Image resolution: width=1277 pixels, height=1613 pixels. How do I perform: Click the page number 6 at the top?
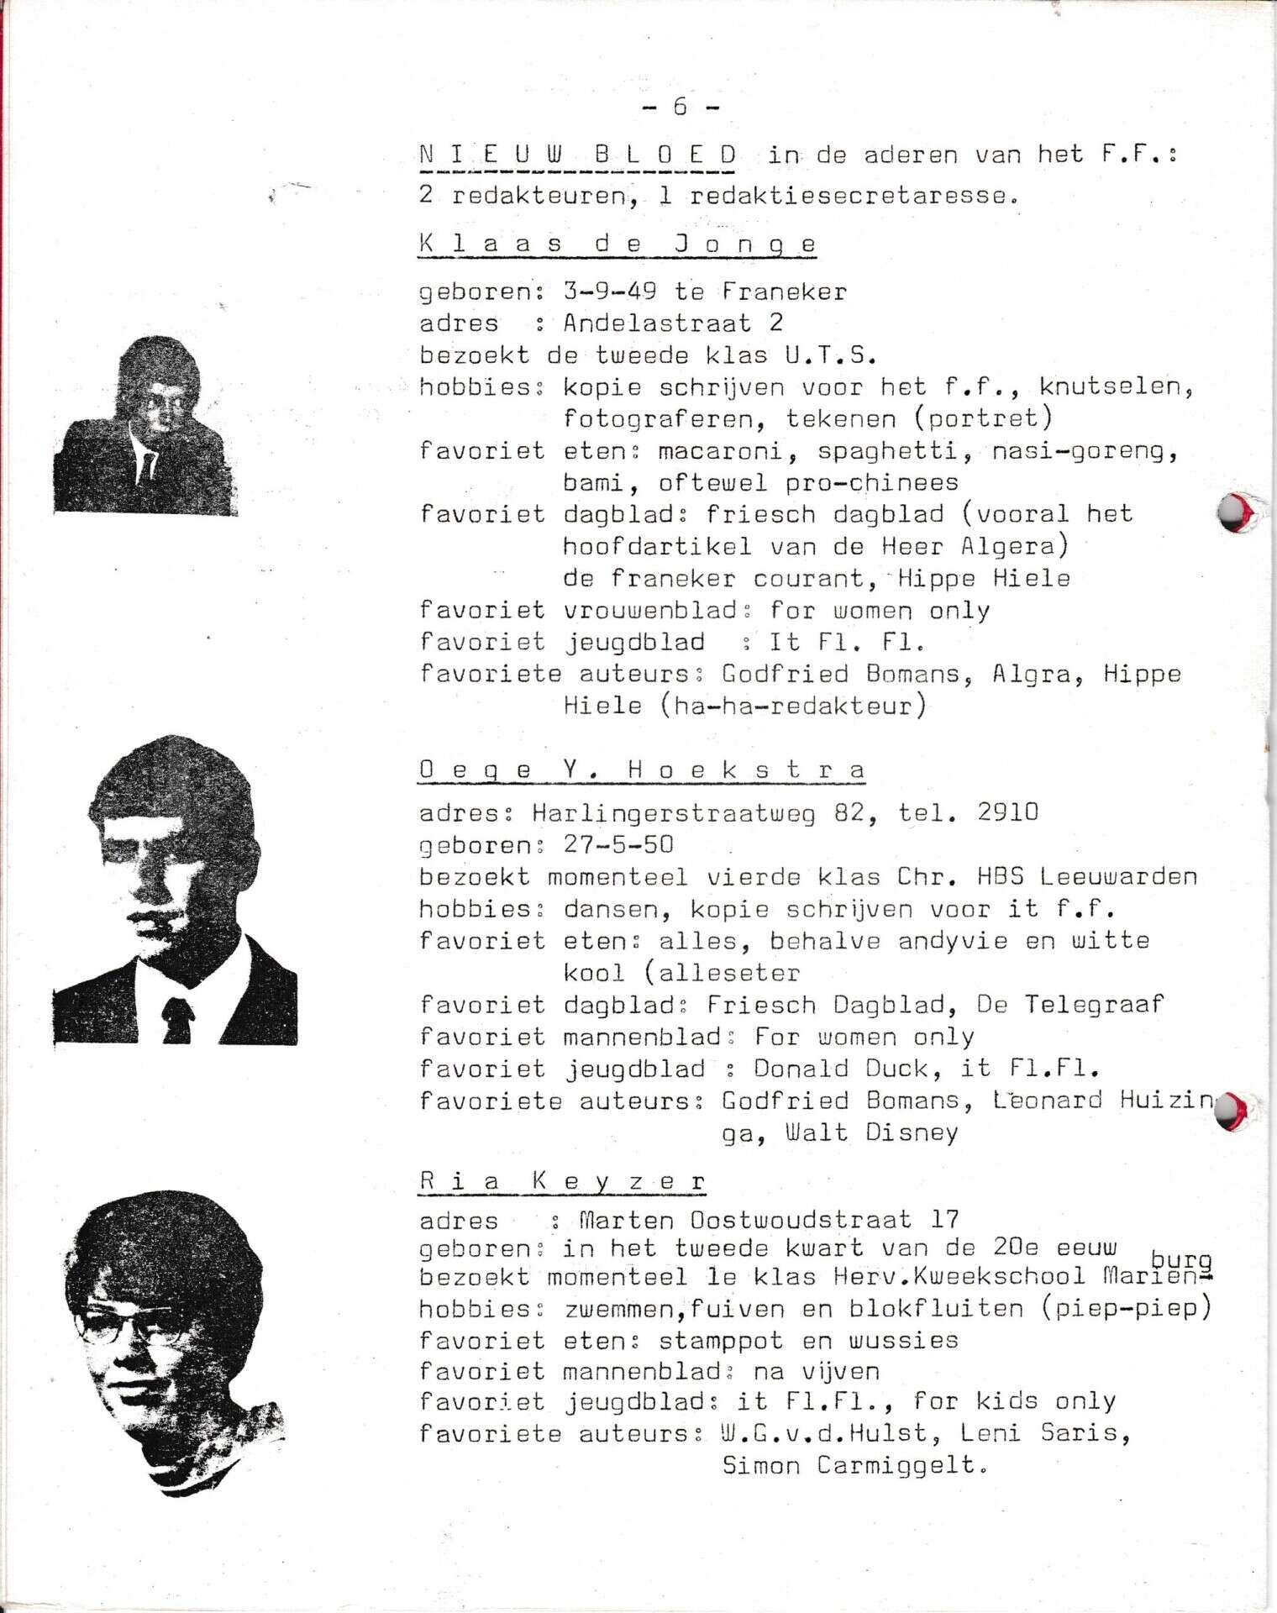click(x=680, y=106)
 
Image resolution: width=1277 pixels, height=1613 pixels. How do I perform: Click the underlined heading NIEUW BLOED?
click(x=578, y=155)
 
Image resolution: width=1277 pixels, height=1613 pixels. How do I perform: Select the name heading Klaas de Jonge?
click(x=617, y=244)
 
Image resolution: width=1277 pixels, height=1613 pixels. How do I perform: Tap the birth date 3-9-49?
click(x=610, y=292)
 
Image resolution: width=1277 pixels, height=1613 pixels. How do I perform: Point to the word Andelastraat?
click(x=657, y=323)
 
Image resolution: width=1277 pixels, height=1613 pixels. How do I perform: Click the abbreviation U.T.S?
click(x=831, y=355)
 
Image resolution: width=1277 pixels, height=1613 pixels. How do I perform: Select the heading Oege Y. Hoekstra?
click(x=642, y=770)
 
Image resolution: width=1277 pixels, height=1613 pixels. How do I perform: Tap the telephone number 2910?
click(x=1008, y=812)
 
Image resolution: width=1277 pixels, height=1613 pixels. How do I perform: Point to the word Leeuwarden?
click(x=1117, y=876)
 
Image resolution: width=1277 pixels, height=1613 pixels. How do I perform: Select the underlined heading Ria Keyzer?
click(x=562, y=1180)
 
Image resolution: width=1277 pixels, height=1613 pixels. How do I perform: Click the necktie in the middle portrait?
click(x=177, y=1019)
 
